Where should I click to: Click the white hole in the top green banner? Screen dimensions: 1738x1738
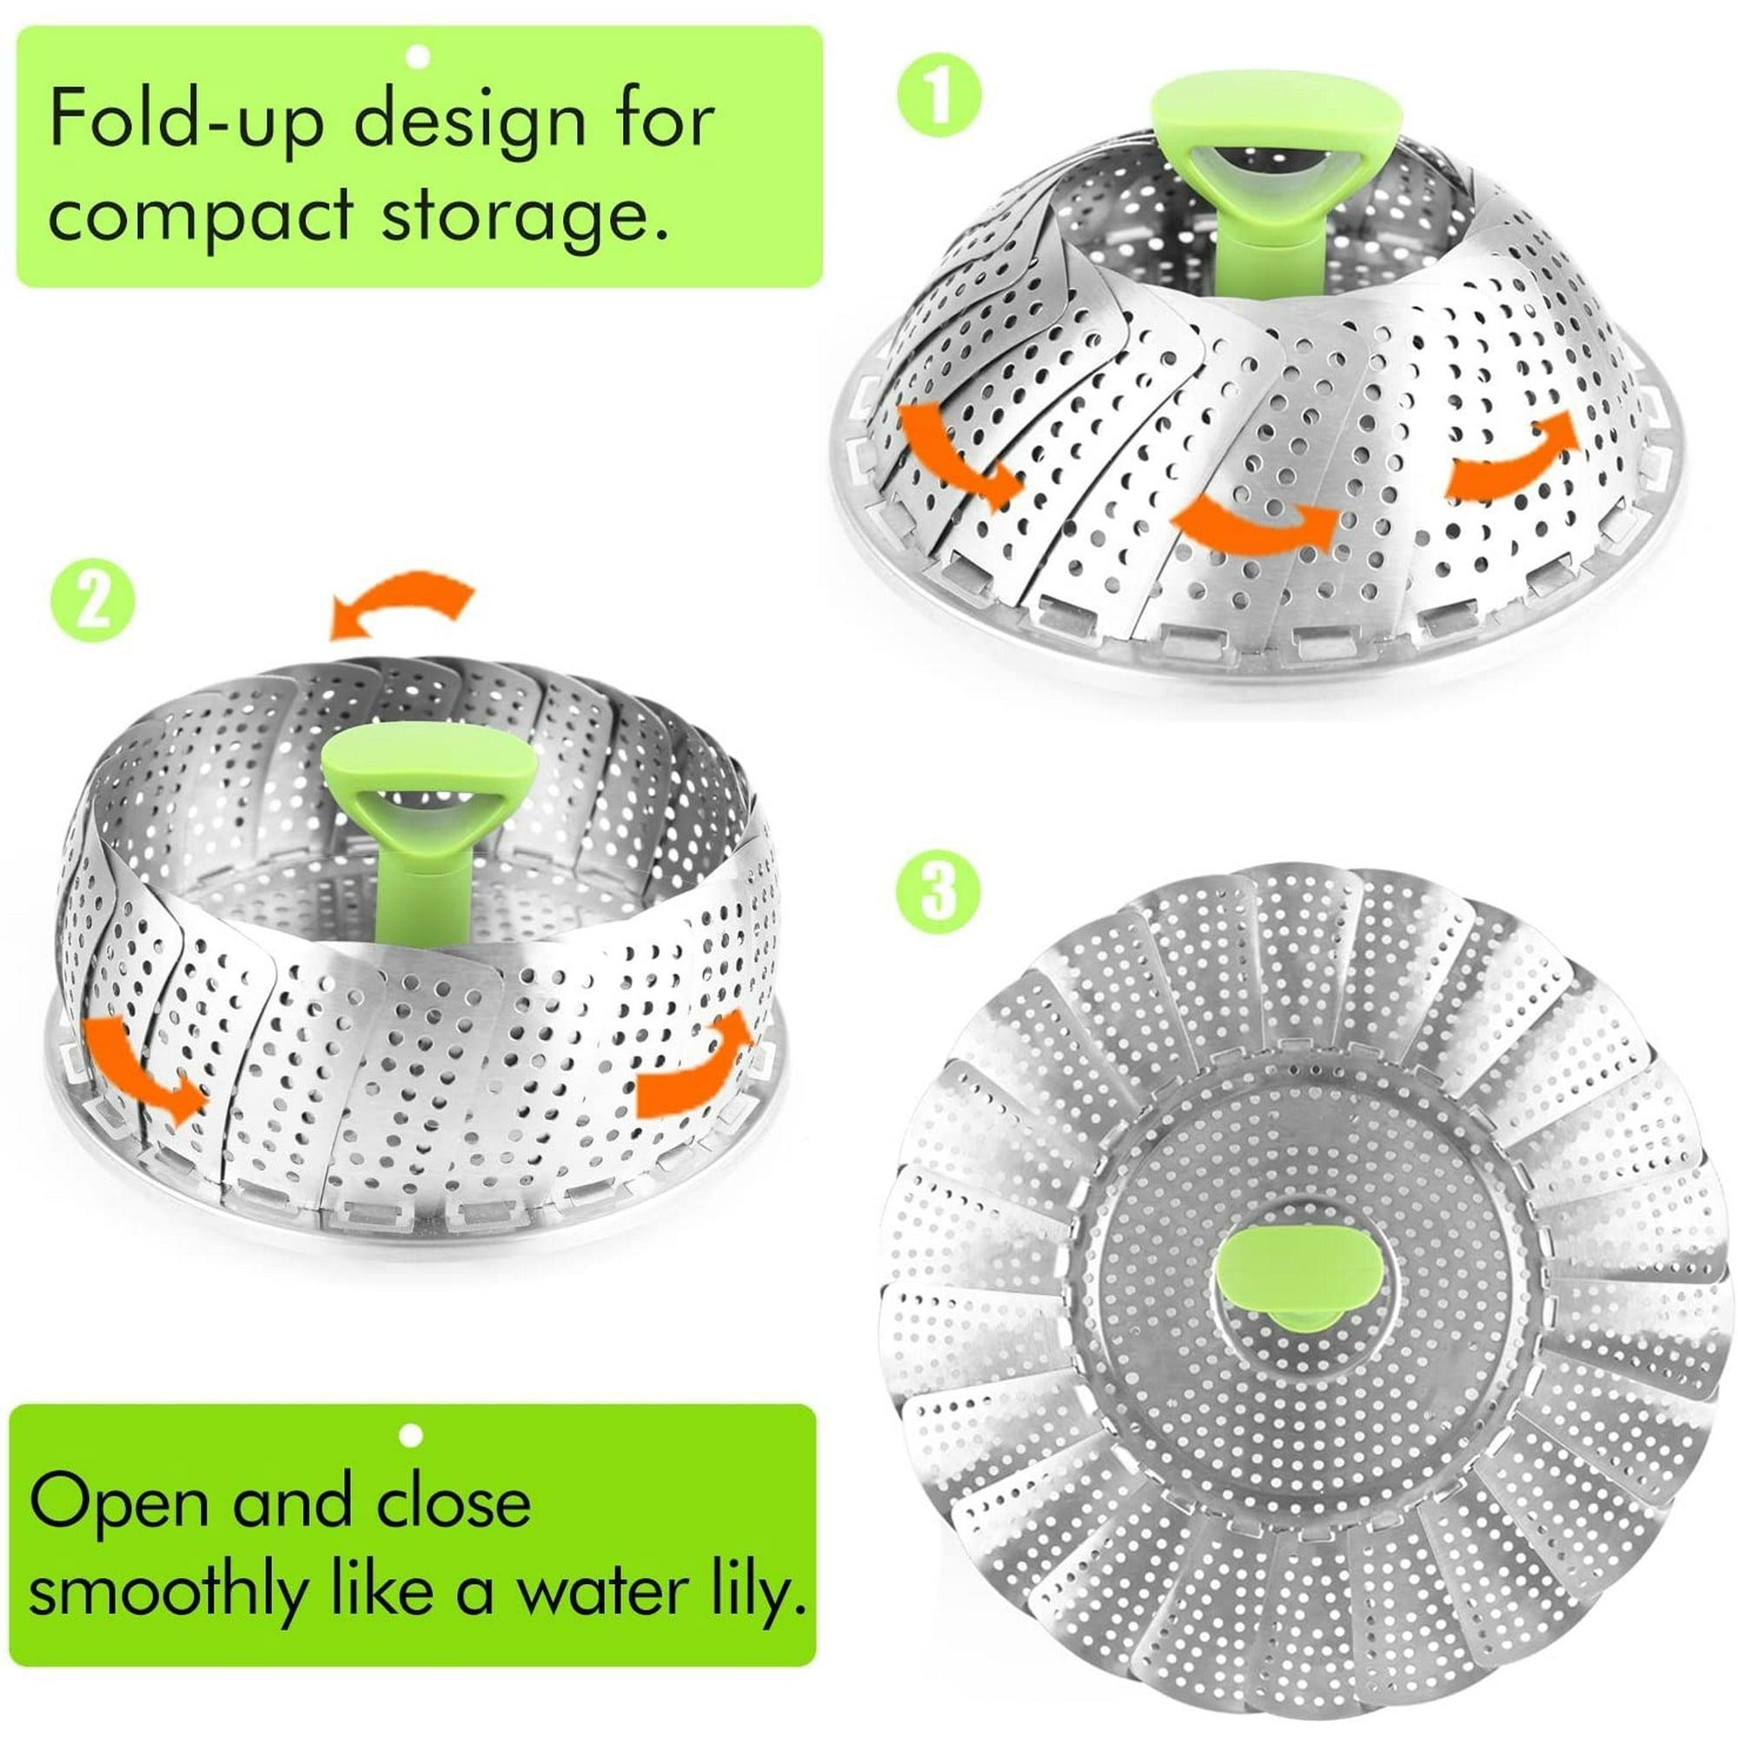(417, 56)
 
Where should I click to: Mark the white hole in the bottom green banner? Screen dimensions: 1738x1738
(411, 1436)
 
